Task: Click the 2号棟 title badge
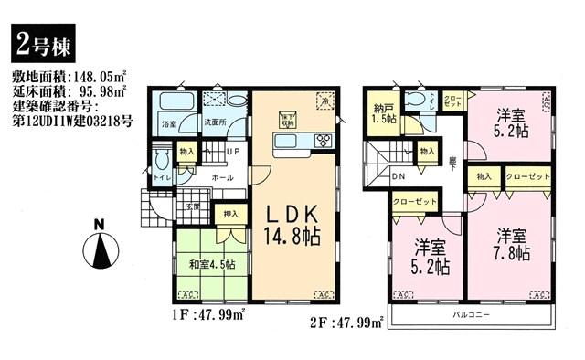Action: tap(38, 42)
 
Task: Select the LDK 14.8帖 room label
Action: tap(292, 224)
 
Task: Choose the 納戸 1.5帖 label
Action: tap(384, 114)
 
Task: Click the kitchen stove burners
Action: tap(324, 140)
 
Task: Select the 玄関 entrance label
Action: tap(193, 207)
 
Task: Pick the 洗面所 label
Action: tap(215, 123)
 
